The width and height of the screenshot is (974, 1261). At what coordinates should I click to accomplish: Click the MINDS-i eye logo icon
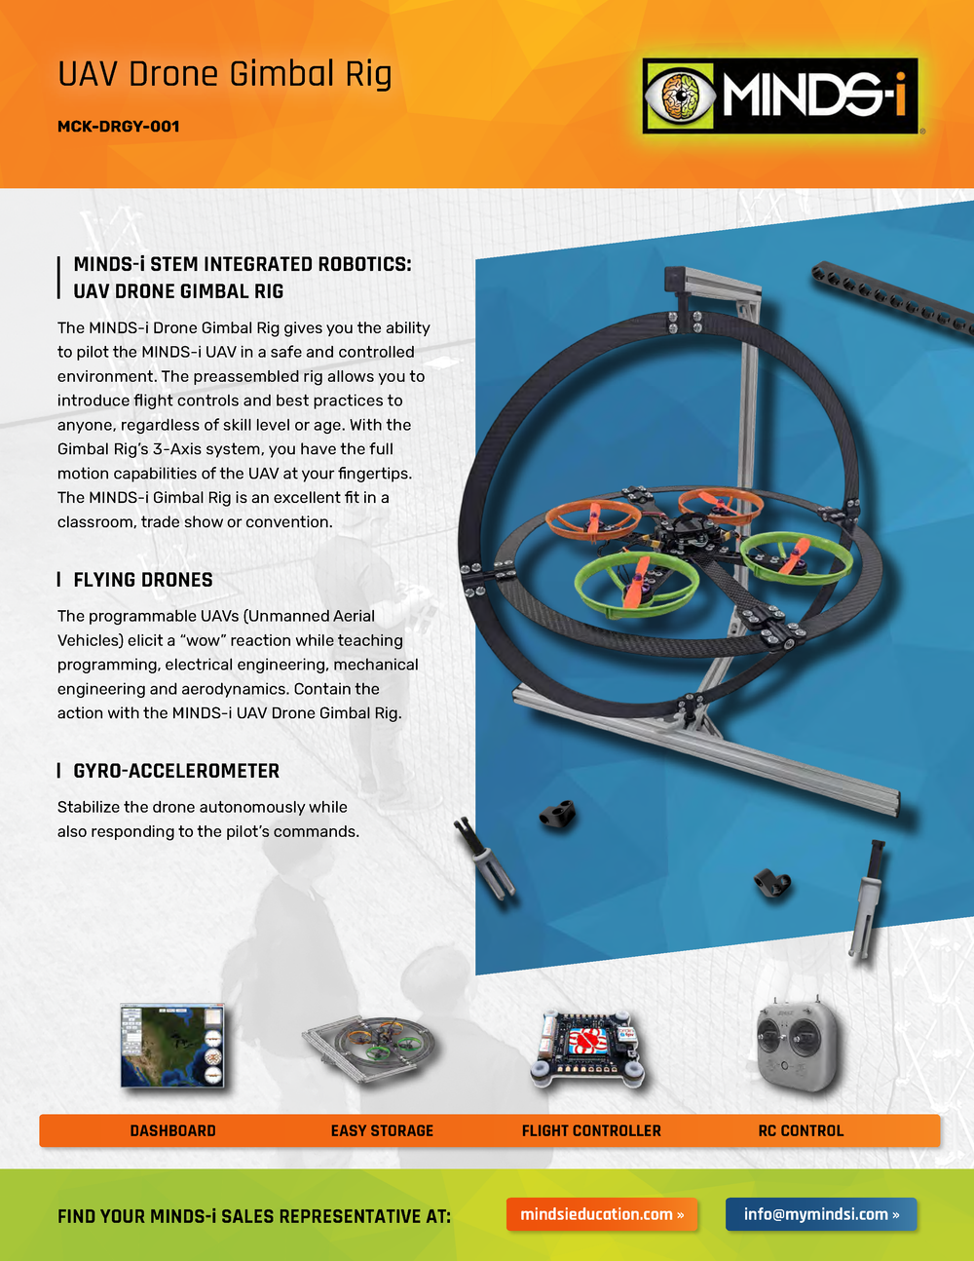click(680, 96)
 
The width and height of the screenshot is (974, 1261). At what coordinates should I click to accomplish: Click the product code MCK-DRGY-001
click(118, 127)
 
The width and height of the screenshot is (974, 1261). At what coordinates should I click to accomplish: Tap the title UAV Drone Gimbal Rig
click(225, 74)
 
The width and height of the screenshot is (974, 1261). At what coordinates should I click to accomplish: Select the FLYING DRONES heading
click(142, 580)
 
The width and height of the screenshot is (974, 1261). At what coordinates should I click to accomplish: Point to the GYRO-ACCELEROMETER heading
click(176, 771)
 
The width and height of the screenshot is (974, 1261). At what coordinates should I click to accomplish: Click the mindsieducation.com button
click(602, 1214)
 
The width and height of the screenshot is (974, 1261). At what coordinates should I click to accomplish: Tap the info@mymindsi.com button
click(821, 1214)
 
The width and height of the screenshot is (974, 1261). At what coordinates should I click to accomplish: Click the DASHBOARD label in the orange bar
click(172, 1130)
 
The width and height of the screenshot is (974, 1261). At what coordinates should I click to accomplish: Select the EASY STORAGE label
click(382, 1130)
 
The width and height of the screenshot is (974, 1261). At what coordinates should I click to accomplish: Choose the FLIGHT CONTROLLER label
click(591, 1130)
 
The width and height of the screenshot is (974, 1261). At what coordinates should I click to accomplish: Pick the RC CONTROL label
click(801, 1130)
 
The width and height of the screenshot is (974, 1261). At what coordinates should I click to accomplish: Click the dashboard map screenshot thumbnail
click(172, 1045)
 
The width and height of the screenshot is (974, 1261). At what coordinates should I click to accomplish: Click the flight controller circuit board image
click(586, 1050)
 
